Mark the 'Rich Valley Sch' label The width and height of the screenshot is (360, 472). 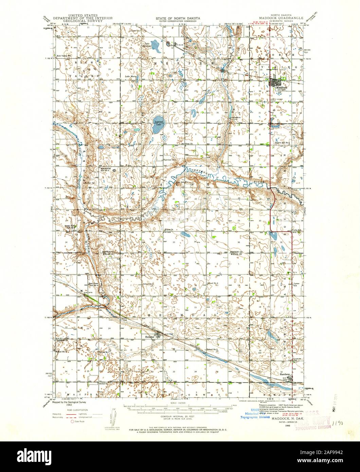(64, 56)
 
